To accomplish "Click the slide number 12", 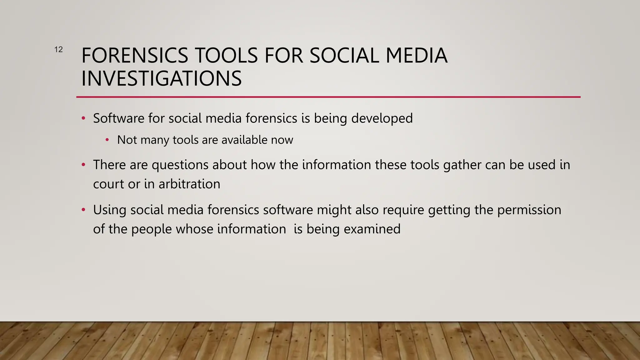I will pyautogui.click(x=58, y=49).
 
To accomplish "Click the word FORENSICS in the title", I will pyautogui.click(x=135, y=56).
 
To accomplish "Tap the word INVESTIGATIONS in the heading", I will pyautogui.click(x=161, y=78).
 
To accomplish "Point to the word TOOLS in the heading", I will pyautogui.click(x=226, y=56).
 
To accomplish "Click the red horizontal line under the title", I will pyautogui.click(x=328, y=97).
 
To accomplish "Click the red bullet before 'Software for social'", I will pyautogui.click(x=83, y=118).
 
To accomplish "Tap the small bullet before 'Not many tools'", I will pyautogui.click(x=107, y=140).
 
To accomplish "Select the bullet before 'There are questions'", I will pyautogui.click(x=83, y=165).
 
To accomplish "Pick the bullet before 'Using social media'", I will pyautogui.click(x=83, y=210).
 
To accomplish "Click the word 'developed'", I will pyautogui.click(x=382, y=118).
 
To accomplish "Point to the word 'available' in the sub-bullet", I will pyautogui.click(x=244, y=140).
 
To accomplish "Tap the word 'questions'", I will pyautogui.click(x=180, y=165).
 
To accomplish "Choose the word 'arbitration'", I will pyautogui.click(x=189, y=184).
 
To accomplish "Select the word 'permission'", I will pyautogui.click(x=529, y=210).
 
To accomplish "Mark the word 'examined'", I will pyautogui.click(x=372, y=229).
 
